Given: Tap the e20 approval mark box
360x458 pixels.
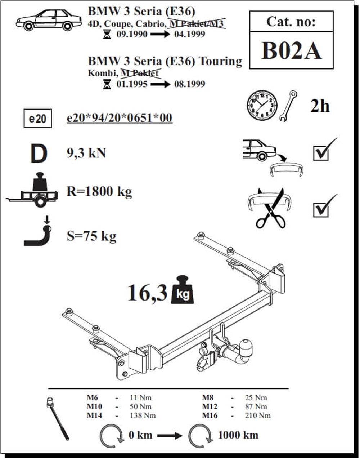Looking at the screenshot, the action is (x=38, y=119).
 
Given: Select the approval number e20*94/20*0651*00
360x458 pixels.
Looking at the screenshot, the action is (x=120, y=118).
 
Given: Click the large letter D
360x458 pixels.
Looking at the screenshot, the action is (x=39, y=154).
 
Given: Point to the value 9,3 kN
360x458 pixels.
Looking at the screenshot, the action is (x=86, y=153).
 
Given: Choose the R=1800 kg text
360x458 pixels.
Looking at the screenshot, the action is (x=99, y=192).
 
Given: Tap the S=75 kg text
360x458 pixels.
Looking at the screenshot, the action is (x=91, y=236).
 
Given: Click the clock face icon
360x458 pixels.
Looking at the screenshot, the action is (x=262, y=105).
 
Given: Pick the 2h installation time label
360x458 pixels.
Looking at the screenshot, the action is (x=320, y=106).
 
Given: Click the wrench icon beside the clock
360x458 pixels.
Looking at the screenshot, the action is (x=288, y=106).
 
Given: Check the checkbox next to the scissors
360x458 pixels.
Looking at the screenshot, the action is (x=321, y=210).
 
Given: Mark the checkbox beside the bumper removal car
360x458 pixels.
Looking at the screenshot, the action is (x=321, y=153).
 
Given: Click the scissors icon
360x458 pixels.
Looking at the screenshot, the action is (x=270, y=208).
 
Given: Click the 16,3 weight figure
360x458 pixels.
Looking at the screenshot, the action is (x=147, y=293).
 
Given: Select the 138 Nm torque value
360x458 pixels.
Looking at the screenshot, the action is (x=143, y=415).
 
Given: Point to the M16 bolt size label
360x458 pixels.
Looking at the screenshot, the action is (x=210, y=415).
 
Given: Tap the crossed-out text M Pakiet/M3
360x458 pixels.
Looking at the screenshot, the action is (x=197, y=24).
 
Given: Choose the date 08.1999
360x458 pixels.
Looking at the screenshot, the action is (x=190, y=84).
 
